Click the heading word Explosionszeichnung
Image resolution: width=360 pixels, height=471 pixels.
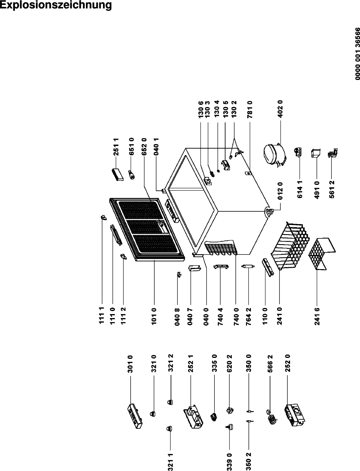pyautogui.click(x=56, y=5)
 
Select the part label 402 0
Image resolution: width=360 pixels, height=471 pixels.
pyautogui.click(x=280, y=109)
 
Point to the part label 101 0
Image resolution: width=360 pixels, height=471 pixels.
pyautogui.click(x=154, y=316)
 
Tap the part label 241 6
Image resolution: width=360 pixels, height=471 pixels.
pyautogui.click(x=317, y=316)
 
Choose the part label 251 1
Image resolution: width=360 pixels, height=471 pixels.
pyautogui.click(x=116, y=147)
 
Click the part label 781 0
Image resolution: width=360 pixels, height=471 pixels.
pyautogui.click(x=250, y=109)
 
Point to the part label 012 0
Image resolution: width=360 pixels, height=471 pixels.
pyautogui.click(x=280, y=191)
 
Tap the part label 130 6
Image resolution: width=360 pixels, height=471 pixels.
pyautogui.click(x=201, y=109)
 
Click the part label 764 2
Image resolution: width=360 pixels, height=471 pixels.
pyautogui.click(x=249, y=316)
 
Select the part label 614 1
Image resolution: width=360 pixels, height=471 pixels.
pyautogui.click(x=300, y=189)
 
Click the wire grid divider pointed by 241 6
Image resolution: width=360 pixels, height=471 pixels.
pyautogui.click(x=322, y=253)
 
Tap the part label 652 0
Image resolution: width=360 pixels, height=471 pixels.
pyautogui.click(x=144, y=147)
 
